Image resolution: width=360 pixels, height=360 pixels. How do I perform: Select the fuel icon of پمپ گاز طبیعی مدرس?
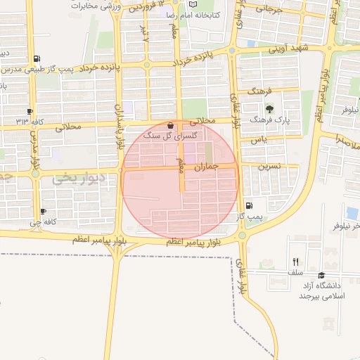point(37,59)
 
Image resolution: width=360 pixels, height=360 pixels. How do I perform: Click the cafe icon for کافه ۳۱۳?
point(30,112)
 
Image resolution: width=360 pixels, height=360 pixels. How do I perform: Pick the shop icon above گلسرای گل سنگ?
point(171,125)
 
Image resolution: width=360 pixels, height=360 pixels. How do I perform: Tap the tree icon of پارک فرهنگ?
point(271,109)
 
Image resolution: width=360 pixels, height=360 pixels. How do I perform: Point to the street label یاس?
point(261,140)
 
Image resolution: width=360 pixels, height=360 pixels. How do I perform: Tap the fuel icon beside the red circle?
point(249,205)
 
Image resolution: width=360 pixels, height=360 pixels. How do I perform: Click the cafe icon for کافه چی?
point(44,212)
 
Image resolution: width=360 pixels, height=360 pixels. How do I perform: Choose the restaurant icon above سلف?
point(295,261)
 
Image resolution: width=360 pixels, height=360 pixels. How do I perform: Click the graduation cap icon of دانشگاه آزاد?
point(322,275)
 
